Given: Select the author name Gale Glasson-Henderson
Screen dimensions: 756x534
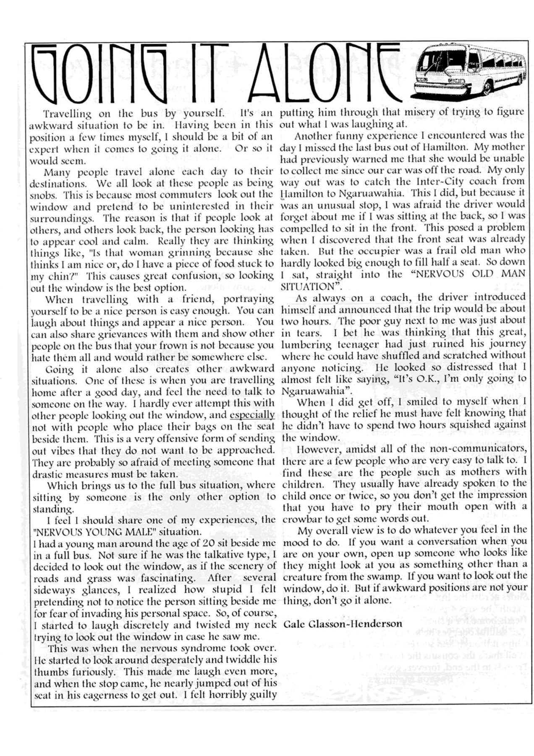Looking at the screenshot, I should coord(343,624).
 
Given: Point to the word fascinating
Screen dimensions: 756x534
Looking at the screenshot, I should coord(168,578).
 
